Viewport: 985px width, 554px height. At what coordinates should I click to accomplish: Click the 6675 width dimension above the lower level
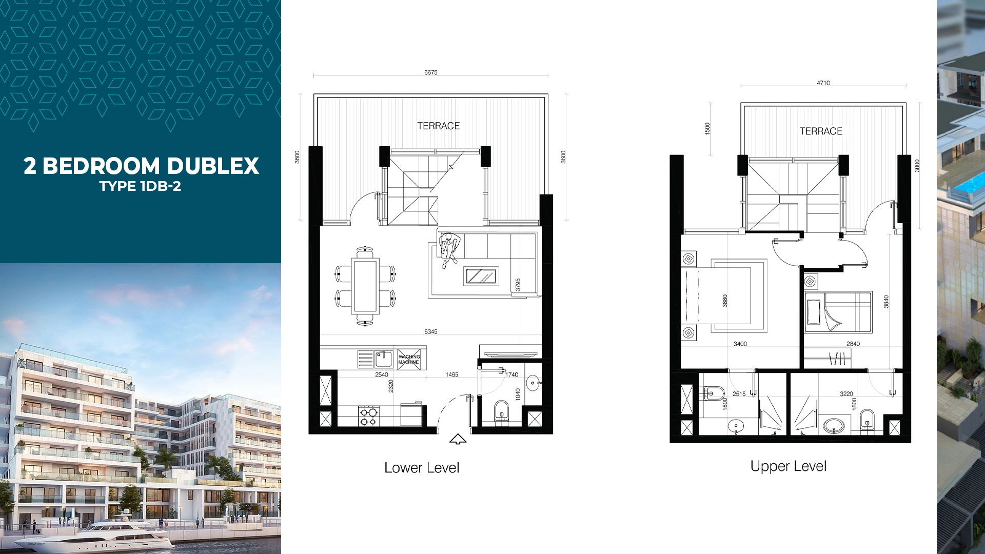click(430, 72)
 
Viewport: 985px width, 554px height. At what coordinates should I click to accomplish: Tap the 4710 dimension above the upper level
click(823, 83)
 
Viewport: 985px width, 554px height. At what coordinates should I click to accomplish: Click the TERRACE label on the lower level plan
click(438, 126)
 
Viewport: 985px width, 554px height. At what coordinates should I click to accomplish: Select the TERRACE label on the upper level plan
click(821, 131)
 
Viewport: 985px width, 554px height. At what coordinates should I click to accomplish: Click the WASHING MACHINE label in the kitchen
click(409, 359)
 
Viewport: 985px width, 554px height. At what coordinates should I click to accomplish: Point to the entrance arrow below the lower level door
click(458, 439)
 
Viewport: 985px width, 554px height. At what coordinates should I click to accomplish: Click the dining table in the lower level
click(365, 286)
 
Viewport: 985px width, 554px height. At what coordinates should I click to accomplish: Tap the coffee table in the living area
click(481, 276)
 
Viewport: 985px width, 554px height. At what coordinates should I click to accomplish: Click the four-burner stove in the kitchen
click(369, 416)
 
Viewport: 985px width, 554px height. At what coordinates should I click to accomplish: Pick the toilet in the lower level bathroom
click(501, 410)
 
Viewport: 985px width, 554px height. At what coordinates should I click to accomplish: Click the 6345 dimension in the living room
click(430, 331)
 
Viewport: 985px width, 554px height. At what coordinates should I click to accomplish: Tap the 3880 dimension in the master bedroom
click(724, 301)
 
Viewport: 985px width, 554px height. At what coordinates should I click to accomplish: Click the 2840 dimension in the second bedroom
click(853, 344)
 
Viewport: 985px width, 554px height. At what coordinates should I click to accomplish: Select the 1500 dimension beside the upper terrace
click(707, 128)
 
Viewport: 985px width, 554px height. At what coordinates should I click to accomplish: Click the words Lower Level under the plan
click(422, 467)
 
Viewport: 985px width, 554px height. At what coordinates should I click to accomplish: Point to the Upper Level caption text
click(789, 466)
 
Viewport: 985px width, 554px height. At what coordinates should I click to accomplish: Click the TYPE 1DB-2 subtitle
click(140, 186)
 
